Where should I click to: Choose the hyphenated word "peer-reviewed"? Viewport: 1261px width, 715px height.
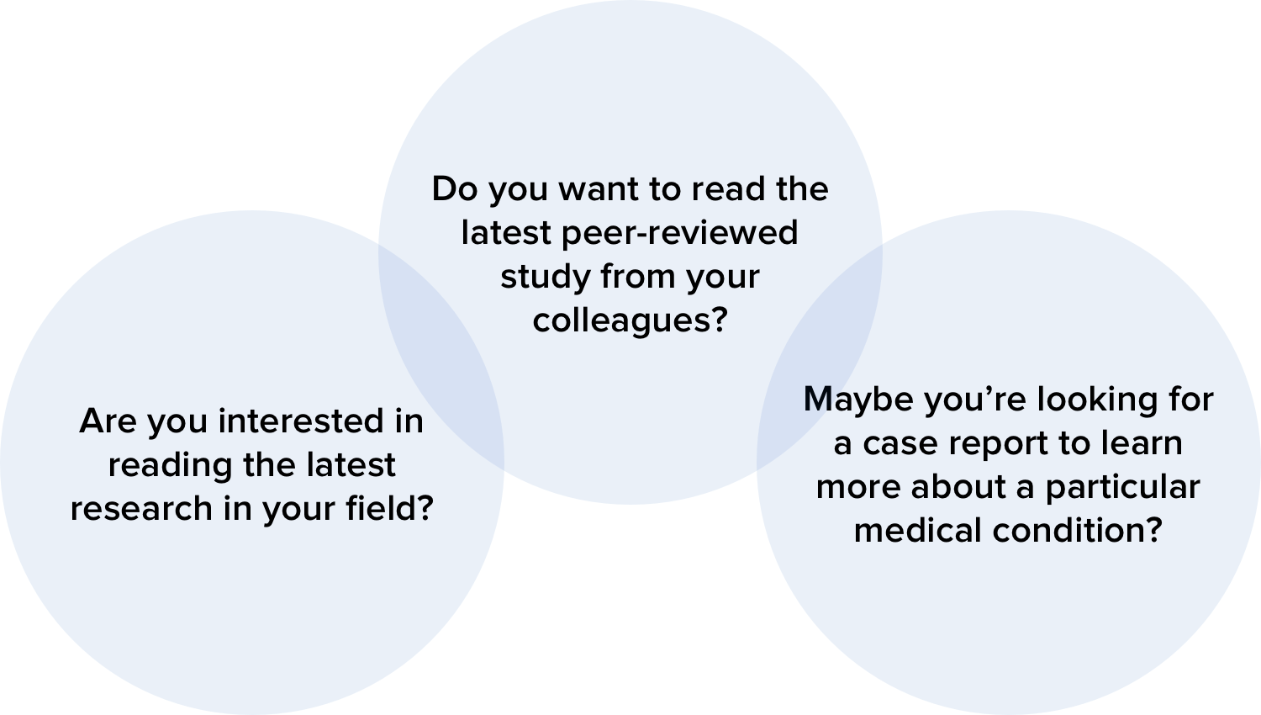[679, 233]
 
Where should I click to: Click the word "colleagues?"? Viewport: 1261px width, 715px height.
[630, 320]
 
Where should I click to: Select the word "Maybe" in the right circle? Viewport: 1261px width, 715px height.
[858, 400]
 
